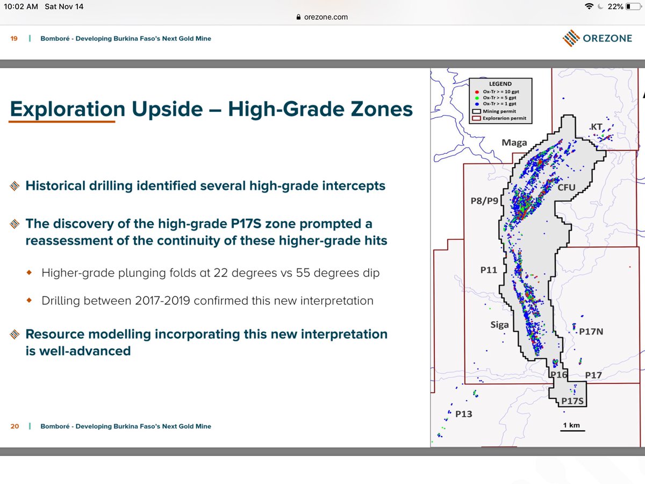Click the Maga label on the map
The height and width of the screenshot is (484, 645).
[x=514, y=143]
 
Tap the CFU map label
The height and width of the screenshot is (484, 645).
[x=567, y=187]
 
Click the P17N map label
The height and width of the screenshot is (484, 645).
[x=591, y=332]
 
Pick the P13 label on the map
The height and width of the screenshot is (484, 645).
[x=463, y=414]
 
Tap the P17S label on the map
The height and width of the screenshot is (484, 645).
[x=572, y=401]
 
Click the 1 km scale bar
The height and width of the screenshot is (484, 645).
[x=571, y=429]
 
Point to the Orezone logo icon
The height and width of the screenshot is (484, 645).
[x=571, y=38]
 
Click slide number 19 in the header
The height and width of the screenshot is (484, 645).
[x=15, y=39]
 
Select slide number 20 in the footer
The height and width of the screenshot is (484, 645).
[x=15, y=426]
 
